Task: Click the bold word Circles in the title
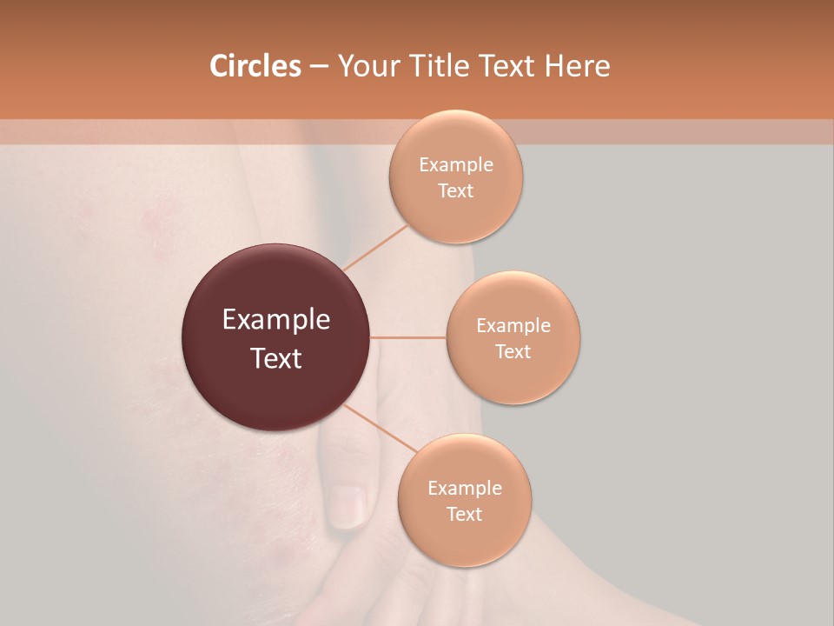(x=255, y=66)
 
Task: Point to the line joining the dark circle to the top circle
(x=376, y=247)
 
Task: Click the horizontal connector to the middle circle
(x=407, y=337)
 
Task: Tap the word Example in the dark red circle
(x=276, y=320)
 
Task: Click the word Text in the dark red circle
(x=276, y=358)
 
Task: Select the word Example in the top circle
(x=456, y=165)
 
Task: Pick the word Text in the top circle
(x=456, y=191)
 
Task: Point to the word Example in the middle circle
(x=513, y=326)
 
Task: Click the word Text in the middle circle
(x=513, y=352)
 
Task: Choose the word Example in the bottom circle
(x=465, y=489)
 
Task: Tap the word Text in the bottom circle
(x=465, y=515)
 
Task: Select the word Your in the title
(x=368, y=66)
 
